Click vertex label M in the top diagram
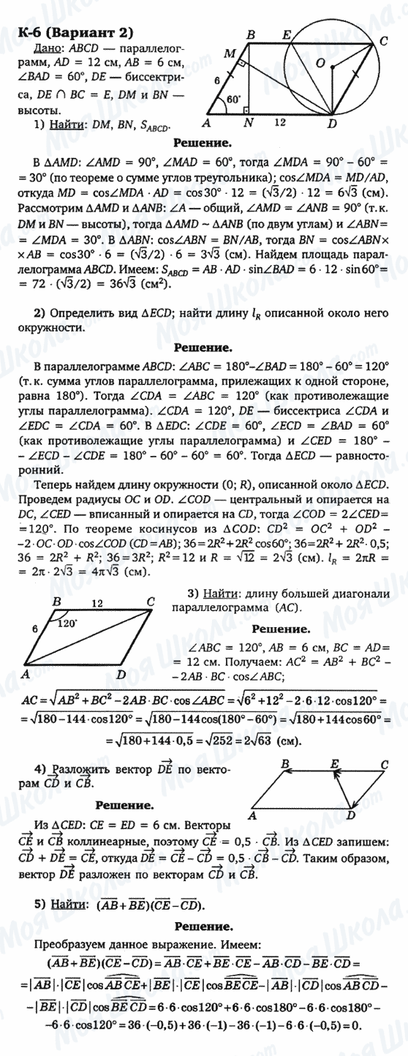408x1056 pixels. point(231,53)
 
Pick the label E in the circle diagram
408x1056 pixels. point(287,34)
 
